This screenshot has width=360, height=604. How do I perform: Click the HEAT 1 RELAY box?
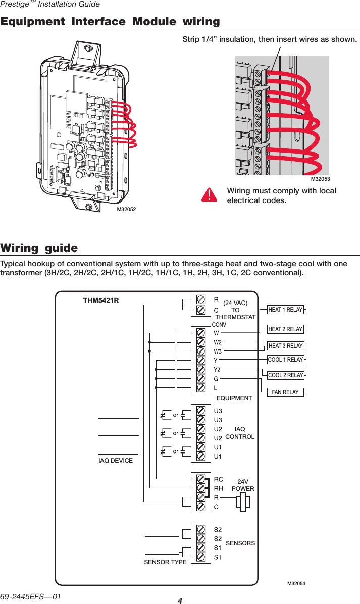[x=285, y=310]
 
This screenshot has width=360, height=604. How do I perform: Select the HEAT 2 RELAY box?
[x=285, y=329]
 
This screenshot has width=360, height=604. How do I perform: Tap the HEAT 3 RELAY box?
[x=285, y=346]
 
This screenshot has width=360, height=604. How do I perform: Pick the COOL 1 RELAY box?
[x=285, y=360]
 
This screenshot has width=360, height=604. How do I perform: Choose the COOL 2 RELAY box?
[x=285, y=375]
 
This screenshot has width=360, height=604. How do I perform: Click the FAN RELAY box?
[x=285, y=392]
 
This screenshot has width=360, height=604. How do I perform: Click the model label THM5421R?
[x=101, y=301]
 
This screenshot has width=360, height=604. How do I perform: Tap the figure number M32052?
[x=127, y=209]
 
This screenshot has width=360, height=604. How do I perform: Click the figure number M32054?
[x=296, y=584]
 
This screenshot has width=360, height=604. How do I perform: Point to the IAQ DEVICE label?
[x=116, y=461]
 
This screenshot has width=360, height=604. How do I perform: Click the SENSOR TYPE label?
[x=165, y=562]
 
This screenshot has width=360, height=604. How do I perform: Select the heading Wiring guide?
[x=39, y=248]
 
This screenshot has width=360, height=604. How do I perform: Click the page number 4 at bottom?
[x=180, y=600]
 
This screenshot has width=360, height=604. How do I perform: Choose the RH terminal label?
[x=219, y=488]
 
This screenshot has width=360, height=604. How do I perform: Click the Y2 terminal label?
[x=217, y=370]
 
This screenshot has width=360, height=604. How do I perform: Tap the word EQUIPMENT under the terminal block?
[x=234, y=398]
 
